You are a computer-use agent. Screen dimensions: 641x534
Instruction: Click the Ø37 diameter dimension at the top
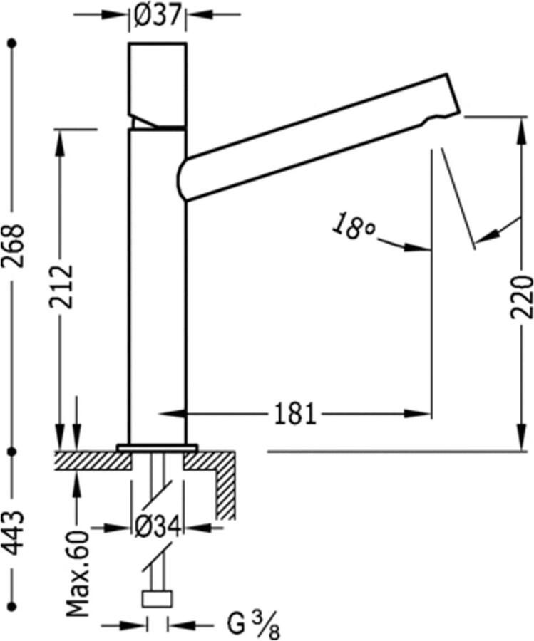tap(158, 16)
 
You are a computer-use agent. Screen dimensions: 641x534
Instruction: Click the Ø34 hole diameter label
tap(158, 528)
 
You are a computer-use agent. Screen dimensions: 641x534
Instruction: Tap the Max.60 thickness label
tap(78, 573)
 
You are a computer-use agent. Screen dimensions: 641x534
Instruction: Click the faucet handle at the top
tap(158, 82)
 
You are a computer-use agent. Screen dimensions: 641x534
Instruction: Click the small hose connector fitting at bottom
tap(158, 598)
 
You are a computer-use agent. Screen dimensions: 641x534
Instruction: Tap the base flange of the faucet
tap(158, 447)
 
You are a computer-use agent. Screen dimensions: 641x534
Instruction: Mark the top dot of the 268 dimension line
tap(12, 44)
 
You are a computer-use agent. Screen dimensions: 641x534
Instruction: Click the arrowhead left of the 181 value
tap(170, 413)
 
